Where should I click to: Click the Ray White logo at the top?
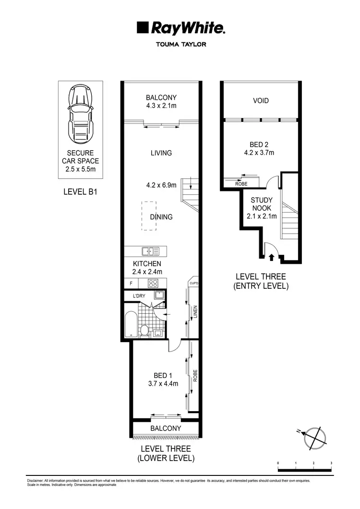point(180,28)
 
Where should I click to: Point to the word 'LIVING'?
point(161,153)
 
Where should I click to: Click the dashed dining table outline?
point(148,216)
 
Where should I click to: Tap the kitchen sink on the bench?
point(151,251)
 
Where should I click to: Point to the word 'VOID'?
point(261,101)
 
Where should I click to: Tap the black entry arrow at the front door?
point(271,257)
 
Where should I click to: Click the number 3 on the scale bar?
point(331,463)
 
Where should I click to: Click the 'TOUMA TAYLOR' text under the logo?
point(180,47)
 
